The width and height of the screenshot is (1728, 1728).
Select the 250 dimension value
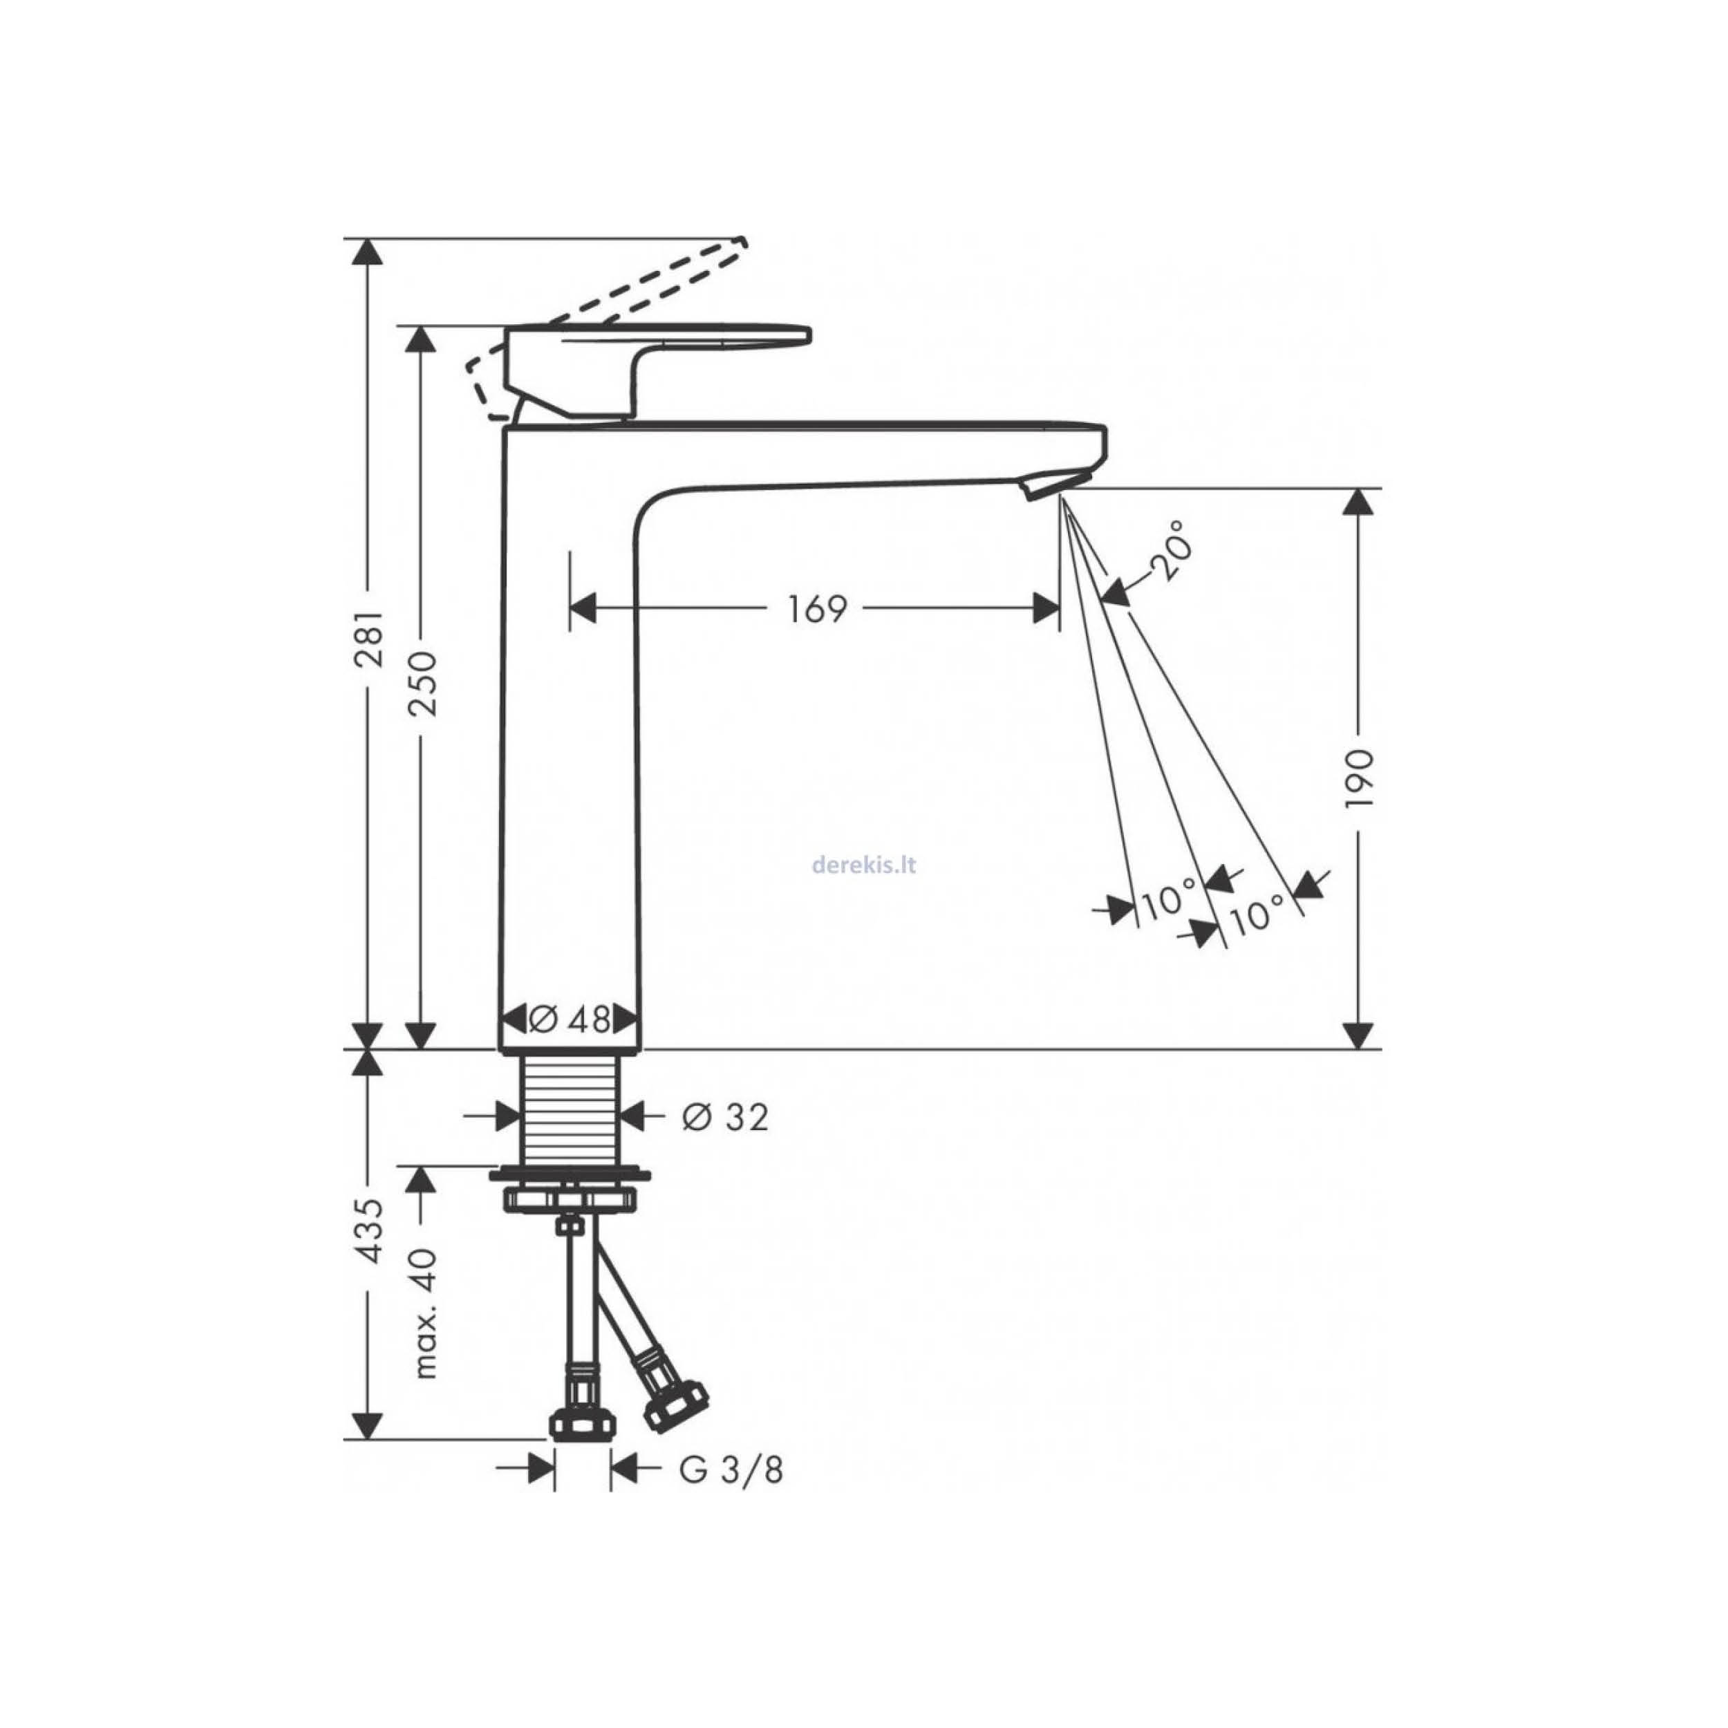click(x=422, y=684)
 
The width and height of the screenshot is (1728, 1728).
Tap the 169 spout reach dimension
click(x=816, y=609)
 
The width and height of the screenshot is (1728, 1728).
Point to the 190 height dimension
click(x=1359, y=779)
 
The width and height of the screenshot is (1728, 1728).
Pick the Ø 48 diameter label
click(x=570, y=1019)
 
